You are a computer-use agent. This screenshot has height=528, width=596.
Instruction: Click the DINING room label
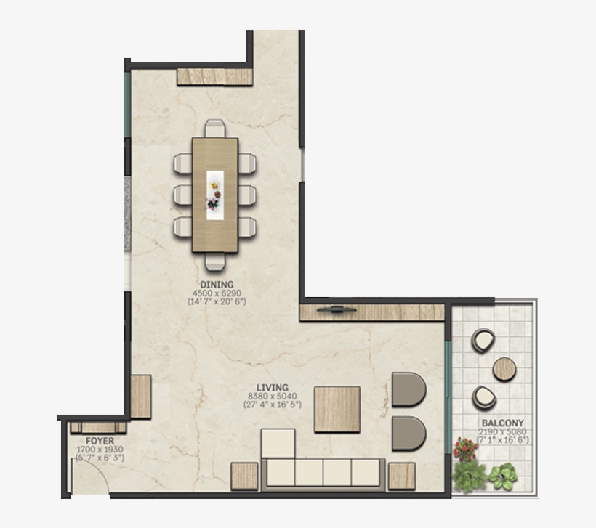(x=217, y=284)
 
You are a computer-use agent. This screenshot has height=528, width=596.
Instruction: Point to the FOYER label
(x=100, y=441)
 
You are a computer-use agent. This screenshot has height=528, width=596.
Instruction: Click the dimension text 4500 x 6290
(x=217, y=293)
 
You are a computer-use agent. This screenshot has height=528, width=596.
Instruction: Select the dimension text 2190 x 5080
(x=502, y=431)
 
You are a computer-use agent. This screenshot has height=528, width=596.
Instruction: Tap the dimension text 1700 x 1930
(x=100, y=450)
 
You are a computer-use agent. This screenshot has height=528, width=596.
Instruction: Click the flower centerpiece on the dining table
(x=214, y=195)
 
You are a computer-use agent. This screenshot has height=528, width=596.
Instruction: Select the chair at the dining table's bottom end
(x=214, y=261)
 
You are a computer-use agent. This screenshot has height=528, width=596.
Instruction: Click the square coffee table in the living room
(x=337, y=410)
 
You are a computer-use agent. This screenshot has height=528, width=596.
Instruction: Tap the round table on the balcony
(x=504, y=369)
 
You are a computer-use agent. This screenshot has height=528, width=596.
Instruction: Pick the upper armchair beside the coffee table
(x=408, y=389)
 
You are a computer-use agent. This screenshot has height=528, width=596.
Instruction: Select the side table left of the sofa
(x=244, y=476)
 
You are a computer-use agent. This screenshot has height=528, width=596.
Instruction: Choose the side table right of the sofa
(x=401, y=476)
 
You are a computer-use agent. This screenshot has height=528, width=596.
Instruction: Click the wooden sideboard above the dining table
(x=214, y=76)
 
